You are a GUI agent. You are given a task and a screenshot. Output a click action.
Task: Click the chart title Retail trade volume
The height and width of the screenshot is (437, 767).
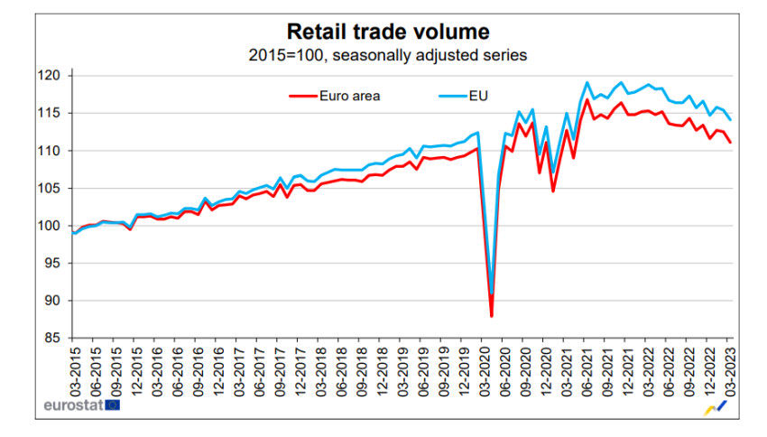tap(388, 32)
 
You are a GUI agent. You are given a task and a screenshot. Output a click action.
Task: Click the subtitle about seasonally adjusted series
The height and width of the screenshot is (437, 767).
tap(388, 55)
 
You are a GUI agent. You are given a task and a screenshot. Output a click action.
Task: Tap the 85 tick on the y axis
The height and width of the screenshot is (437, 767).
tap(53, 339)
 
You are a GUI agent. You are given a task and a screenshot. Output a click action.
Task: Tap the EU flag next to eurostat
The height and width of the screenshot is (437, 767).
tap(112, 405)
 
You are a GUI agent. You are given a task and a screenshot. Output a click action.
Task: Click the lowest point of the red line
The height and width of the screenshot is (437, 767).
tap(491, 316)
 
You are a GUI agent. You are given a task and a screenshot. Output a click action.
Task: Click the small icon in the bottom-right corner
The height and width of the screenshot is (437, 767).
tap(716, 409)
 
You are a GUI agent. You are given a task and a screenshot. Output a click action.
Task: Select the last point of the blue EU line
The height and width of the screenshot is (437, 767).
tap(731, 120)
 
